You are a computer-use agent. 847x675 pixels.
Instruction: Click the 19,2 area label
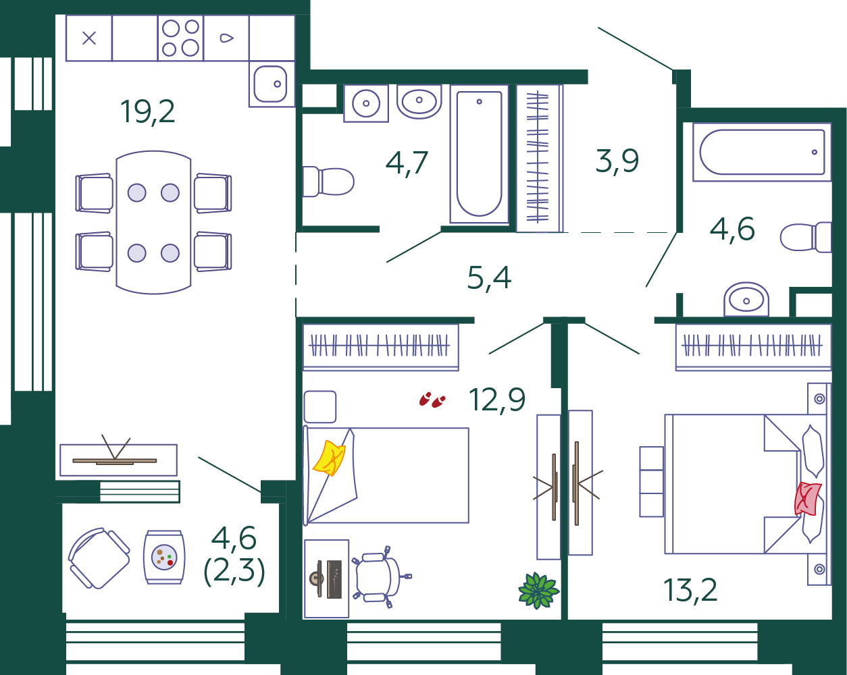pos(148,112)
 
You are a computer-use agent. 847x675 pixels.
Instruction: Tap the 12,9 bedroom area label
pos(497,400)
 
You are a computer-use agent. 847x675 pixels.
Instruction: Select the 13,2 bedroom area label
pos(690,591)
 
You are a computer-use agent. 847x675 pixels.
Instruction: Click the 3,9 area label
pos(617,161)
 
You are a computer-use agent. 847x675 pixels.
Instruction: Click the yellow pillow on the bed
pos(329,458)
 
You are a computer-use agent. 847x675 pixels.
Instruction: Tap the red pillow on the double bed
pos(808,499)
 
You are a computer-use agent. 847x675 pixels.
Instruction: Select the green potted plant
pos(538,590)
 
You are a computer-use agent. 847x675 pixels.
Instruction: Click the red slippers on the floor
pos(432,400)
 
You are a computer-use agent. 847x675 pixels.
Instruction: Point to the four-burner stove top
pos(180,38)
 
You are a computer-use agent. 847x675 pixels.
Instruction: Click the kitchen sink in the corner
pos(272,84)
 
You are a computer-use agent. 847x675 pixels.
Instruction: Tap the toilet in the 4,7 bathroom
pos(328,182)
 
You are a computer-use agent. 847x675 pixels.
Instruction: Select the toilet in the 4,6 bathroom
pos(806,237)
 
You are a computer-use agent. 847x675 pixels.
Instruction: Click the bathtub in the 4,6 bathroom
pos(762,152)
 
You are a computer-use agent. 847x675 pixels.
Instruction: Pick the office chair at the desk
pos(380,576)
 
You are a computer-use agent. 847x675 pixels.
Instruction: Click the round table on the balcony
pos(164,557)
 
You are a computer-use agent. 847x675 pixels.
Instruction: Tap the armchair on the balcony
pos(99,558)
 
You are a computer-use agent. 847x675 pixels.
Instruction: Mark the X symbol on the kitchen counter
pos(89,38)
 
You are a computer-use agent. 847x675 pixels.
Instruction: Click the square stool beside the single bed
pos(320,407)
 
